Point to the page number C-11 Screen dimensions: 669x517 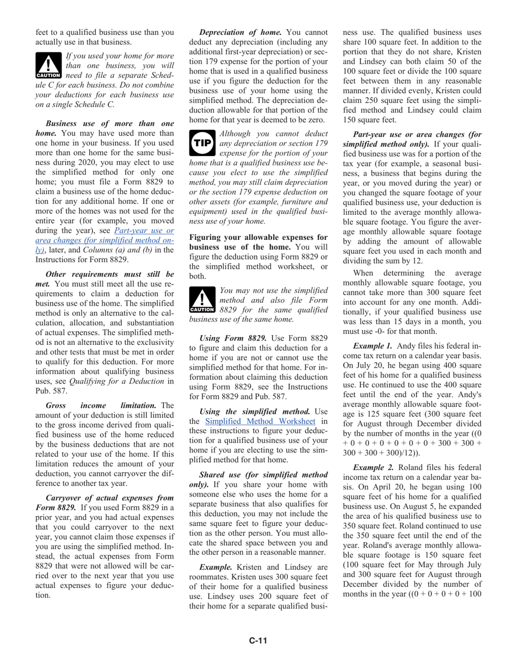(258, 640)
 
